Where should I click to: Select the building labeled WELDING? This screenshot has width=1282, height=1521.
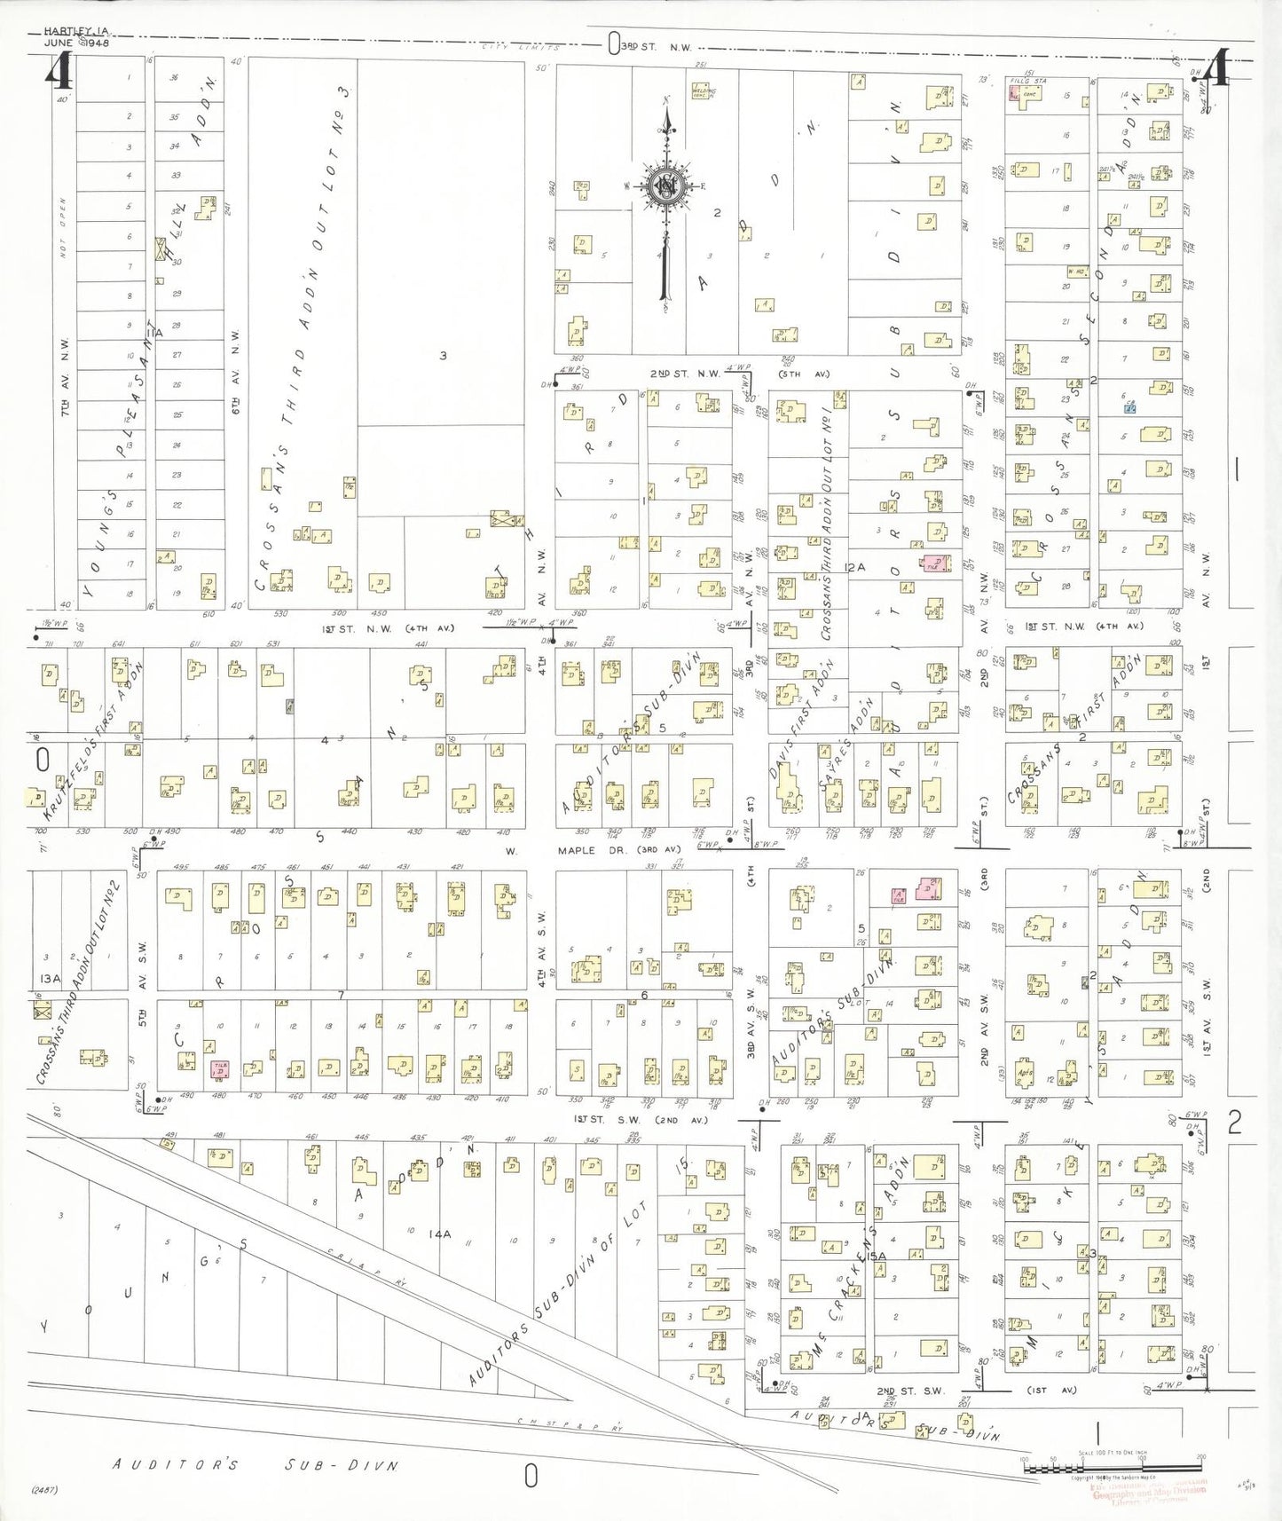pos(704,91)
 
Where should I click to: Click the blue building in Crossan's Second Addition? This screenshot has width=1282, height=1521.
pos(1130,406)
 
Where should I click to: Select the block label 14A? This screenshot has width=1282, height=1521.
pos(440,1234)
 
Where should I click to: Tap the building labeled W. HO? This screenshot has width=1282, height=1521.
pos(1076,271)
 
